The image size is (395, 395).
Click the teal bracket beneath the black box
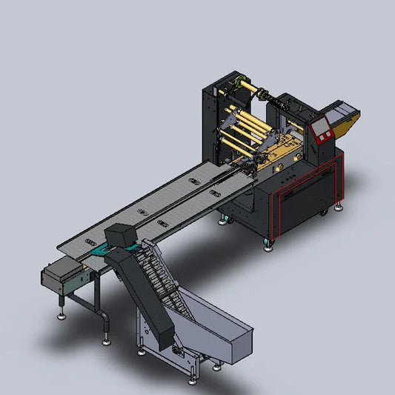[100, 256]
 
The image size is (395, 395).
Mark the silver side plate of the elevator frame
[148, 326]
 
